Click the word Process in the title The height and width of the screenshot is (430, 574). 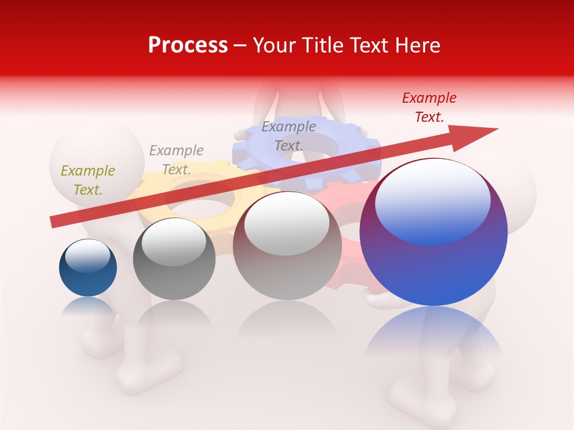point(188,45)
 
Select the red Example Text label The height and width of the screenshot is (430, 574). point(429,107)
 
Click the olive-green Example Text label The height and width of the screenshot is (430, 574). point(88,180)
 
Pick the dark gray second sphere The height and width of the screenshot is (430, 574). point(174,275)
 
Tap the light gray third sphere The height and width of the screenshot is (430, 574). point(287,263)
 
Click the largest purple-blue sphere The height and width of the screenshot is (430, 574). point(433,269)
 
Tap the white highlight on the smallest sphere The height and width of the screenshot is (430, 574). point(87,255)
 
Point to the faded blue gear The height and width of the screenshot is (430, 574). point(353,149)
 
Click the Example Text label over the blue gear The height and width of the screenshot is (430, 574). point(289,136)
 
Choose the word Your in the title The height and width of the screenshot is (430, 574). point(272,45)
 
